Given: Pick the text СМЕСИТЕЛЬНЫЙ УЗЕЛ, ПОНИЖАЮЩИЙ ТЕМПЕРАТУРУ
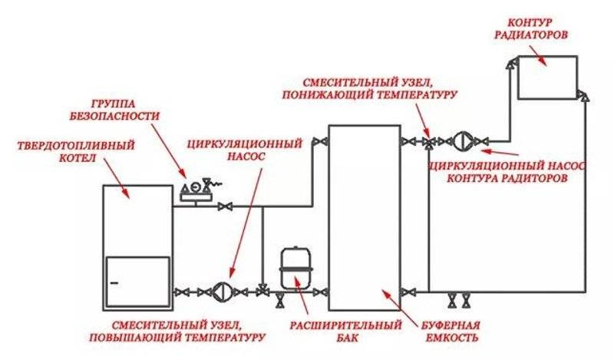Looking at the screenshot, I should pos(379,87).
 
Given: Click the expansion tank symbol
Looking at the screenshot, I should pos(292,265).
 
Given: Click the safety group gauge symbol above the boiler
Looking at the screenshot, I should pos(195,190).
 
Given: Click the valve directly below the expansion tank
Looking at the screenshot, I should pos(279,299).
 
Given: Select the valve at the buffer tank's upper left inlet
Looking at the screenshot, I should pos(322,141).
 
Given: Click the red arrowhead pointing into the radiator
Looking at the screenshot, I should pos(540,61).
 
